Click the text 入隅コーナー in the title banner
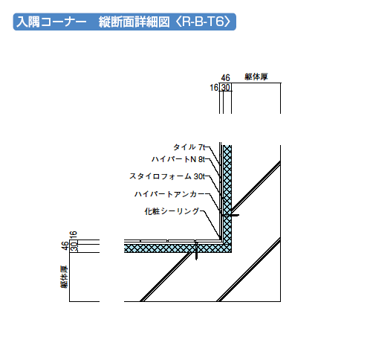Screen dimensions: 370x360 pos(51,22)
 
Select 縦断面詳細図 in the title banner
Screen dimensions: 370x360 pos(134,22)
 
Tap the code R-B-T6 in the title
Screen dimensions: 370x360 pos(203,22)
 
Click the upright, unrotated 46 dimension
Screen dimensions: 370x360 pos(225,78)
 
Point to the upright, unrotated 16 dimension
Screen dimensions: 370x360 pos(214,88)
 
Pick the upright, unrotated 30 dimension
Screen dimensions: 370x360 pos(226,88)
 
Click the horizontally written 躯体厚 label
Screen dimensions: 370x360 pos(256,77)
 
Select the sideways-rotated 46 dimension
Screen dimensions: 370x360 pos(65,245)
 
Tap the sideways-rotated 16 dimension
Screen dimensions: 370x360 pos(74,234)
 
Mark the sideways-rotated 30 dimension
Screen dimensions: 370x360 pos(74,247)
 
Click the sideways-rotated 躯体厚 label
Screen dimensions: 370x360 pos(64,277)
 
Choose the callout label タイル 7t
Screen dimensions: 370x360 pos(189,147)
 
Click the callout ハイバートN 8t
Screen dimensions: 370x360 pos(178,159)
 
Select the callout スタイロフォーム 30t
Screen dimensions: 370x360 pos(167,176)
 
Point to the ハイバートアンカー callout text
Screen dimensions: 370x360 pos(169,193)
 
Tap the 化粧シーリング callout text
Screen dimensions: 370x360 pos(172,211)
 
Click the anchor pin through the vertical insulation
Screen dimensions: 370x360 pos(230,215)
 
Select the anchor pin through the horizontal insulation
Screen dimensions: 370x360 pos(196,251)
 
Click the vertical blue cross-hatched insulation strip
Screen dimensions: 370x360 pos(227,195)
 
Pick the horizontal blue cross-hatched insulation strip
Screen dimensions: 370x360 pos(178,248)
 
